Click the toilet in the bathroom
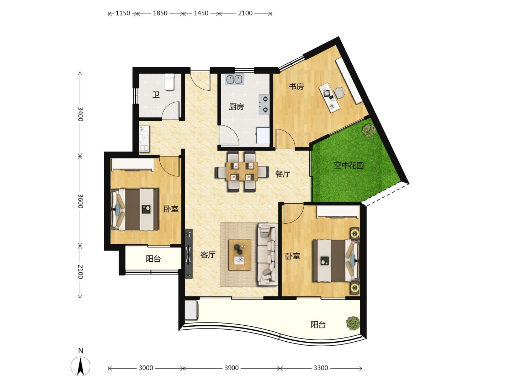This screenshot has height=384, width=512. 169,82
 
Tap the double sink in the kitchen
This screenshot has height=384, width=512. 234,79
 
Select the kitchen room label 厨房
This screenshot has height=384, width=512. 236,107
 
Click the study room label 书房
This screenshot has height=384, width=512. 296,86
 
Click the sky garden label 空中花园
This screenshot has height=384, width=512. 349,165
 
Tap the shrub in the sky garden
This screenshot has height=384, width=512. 369,130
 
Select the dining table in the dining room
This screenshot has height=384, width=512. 242,171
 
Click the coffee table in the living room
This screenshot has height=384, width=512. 240,255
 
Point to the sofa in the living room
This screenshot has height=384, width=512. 267,254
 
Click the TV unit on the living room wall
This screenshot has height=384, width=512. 189,254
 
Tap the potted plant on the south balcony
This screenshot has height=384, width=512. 353,323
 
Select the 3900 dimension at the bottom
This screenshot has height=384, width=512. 231,368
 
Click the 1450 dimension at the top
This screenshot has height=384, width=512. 201,13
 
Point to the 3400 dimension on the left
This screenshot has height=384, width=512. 80,114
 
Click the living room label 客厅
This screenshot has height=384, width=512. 208,255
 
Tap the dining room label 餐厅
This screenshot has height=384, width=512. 283,174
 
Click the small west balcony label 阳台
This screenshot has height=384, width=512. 153,258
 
